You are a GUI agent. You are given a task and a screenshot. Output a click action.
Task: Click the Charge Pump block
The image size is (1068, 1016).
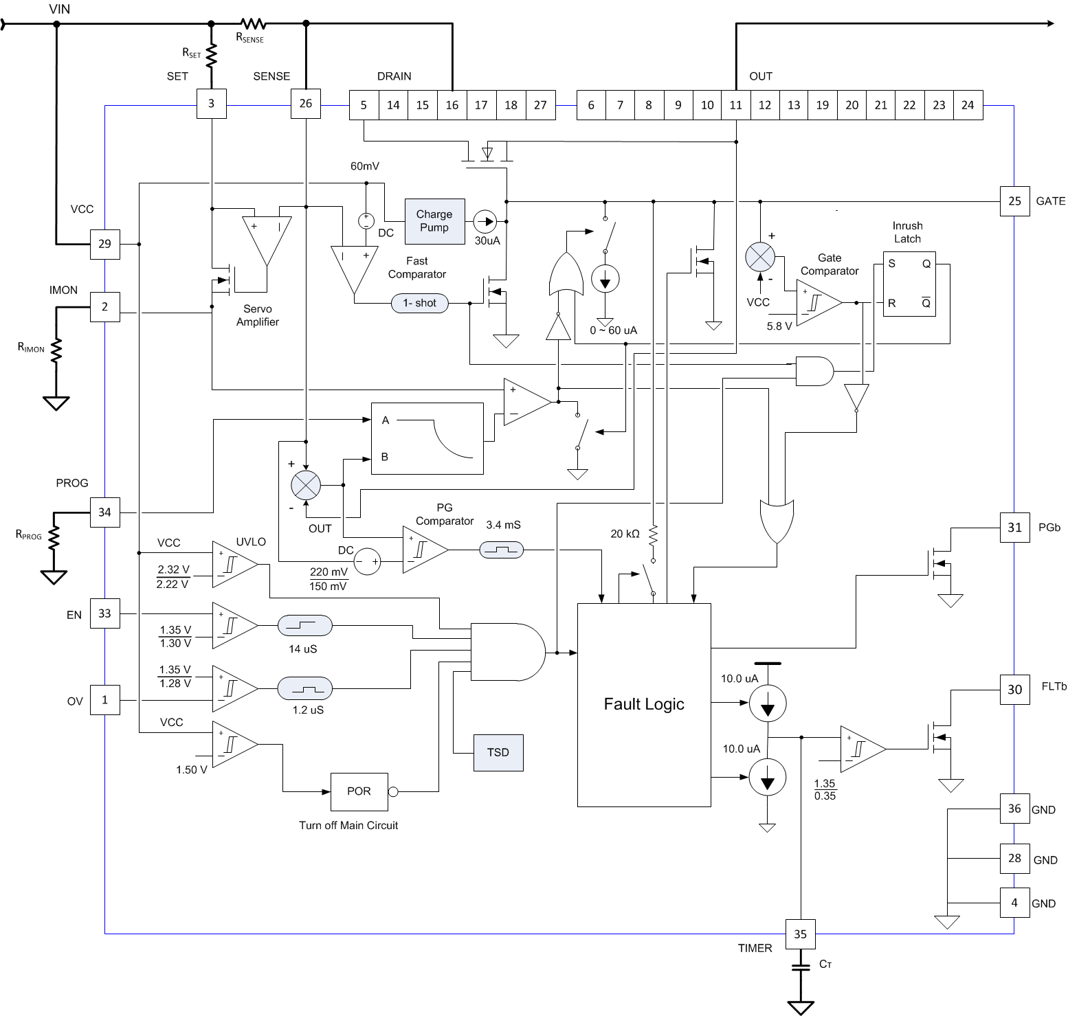point(434,221)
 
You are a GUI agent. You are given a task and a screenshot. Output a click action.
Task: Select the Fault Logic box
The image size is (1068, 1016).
point(644,704)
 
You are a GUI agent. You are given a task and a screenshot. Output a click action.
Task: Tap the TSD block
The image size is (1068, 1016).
point(498,752)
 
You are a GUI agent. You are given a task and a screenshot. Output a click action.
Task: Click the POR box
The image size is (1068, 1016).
point(359,791)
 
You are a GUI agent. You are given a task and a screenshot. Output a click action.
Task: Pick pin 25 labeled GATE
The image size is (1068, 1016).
point(1014,201)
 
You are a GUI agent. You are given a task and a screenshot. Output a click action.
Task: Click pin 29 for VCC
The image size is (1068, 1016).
point(104,244)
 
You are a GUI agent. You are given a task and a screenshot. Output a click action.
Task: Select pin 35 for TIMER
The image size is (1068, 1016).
point(801,934)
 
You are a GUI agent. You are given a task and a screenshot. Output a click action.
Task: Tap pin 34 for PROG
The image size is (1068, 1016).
point(104,512)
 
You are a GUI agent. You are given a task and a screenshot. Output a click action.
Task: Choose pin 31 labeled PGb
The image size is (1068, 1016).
point(1014,528)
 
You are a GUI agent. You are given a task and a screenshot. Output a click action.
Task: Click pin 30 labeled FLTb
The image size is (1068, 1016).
point(1014,689)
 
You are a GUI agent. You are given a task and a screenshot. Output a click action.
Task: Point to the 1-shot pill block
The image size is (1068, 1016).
point(420,303)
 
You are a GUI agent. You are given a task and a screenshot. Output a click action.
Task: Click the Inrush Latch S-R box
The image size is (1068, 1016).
point(909,284)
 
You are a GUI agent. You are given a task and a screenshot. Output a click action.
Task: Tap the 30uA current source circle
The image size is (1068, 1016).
point(485,221)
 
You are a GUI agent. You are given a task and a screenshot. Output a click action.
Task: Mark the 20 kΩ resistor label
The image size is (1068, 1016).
point(625,533)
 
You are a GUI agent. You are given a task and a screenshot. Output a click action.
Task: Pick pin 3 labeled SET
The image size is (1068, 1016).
point(211,104)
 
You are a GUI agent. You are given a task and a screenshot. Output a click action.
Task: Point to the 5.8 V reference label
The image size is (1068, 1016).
point(779,326)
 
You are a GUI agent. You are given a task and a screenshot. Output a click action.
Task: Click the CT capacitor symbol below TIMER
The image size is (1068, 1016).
point(801,967)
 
